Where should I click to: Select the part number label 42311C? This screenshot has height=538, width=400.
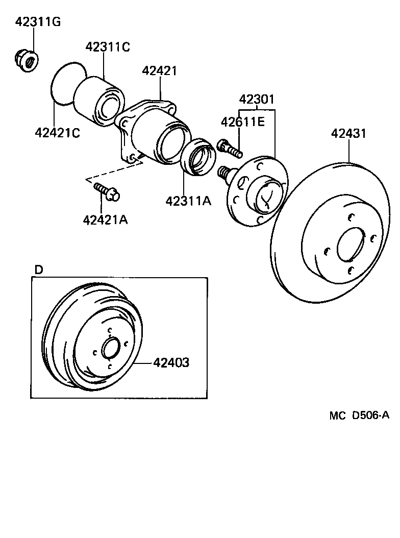pos(108,47)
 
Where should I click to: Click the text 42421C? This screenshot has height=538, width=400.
pos(58,133)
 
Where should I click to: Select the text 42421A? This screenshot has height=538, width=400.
pos(105,220)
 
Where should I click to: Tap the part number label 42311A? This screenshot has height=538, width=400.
pos(188,201)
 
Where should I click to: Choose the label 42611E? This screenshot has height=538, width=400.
pos(243,122)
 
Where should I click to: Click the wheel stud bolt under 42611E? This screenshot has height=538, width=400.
pos(229,148)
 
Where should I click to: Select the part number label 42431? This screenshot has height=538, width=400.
pos(348,134)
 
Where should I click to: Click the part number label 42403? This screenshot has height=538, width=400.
pos(171,363)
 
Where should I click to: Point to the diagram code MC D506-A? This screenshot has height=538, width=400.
pos(359,415)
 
